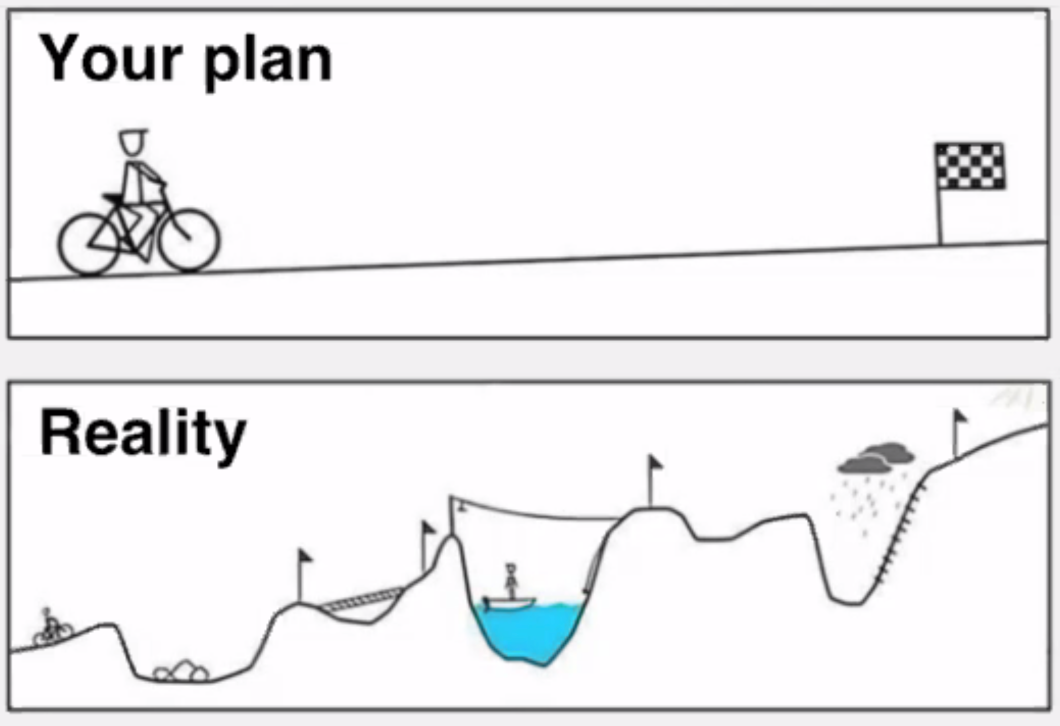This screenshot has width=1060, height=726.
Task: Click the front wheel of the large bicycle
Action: tap(189, 240)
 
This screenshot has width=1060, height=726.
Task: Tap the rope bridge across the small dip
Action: tap(361, 600)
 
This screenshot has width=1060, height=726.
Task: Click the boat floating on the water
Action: tap(509, 602)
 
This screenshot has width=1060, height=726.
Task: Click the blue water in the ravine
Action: tap(529, 630)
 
